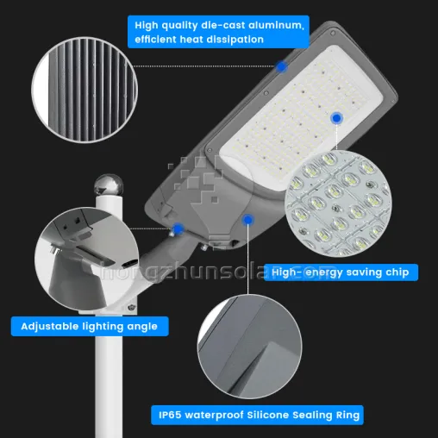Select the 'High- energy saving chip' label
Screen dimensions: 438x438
click(340, 272)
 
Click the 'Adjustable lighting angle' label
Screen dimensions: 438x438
click(90, 326)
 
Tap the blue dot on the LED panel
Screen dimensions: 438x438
click(336, 117)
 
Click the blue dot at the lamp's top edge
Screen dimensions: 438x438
click(281, 65)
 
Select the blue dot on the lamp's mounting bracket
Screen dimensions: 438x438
click(178, 228)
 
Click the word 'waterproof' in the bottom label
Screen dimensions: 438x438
click(220, 415)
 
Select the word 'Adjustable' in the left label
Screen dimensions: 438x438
click(52, 326)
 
